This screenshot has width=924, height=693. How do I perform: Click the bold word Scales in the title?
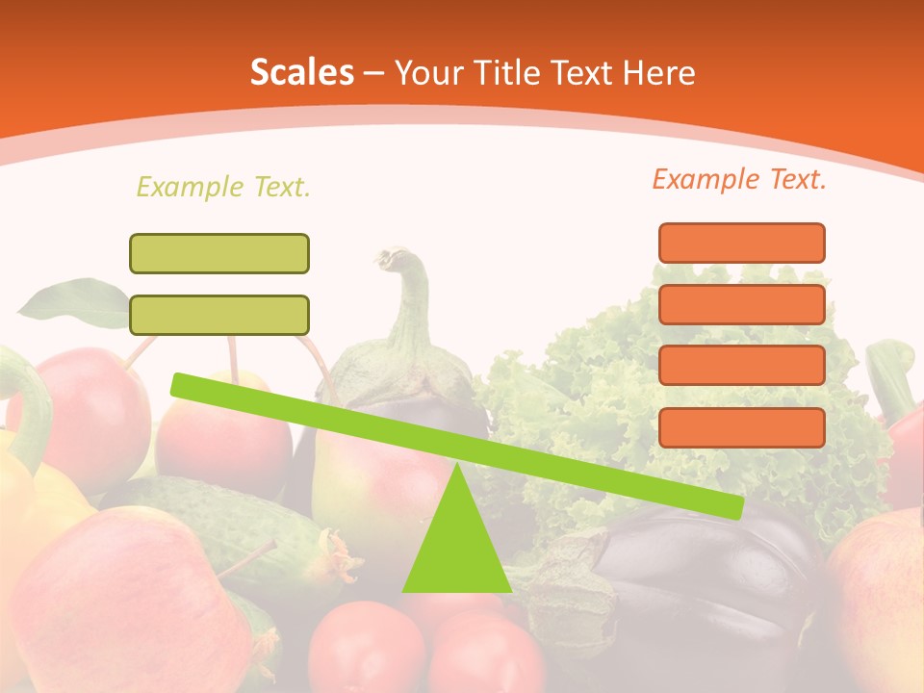click(301, 72)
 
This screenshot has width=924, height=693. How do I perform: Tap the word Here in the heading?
click(659, 72)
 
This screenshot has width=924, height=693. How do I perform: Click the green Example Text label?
click(223, 187)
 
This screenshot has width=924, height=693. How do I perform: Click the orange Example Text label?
click(739, 179)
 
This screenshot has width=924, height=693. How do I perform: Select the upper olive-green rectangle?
click(219, 253)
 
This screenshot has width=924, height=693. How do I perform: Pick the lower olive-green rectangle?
click(219, 315)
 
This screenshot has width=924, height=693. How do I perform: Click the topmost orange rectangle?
click(741, 243)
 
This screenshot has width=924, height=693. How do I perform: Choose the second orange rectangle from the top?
click(741, 304)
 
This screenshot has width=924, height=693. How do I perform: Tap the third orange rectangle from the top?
click(741, 366)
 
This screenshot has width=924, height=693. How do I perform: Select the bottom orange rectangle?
click(741, 427)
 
